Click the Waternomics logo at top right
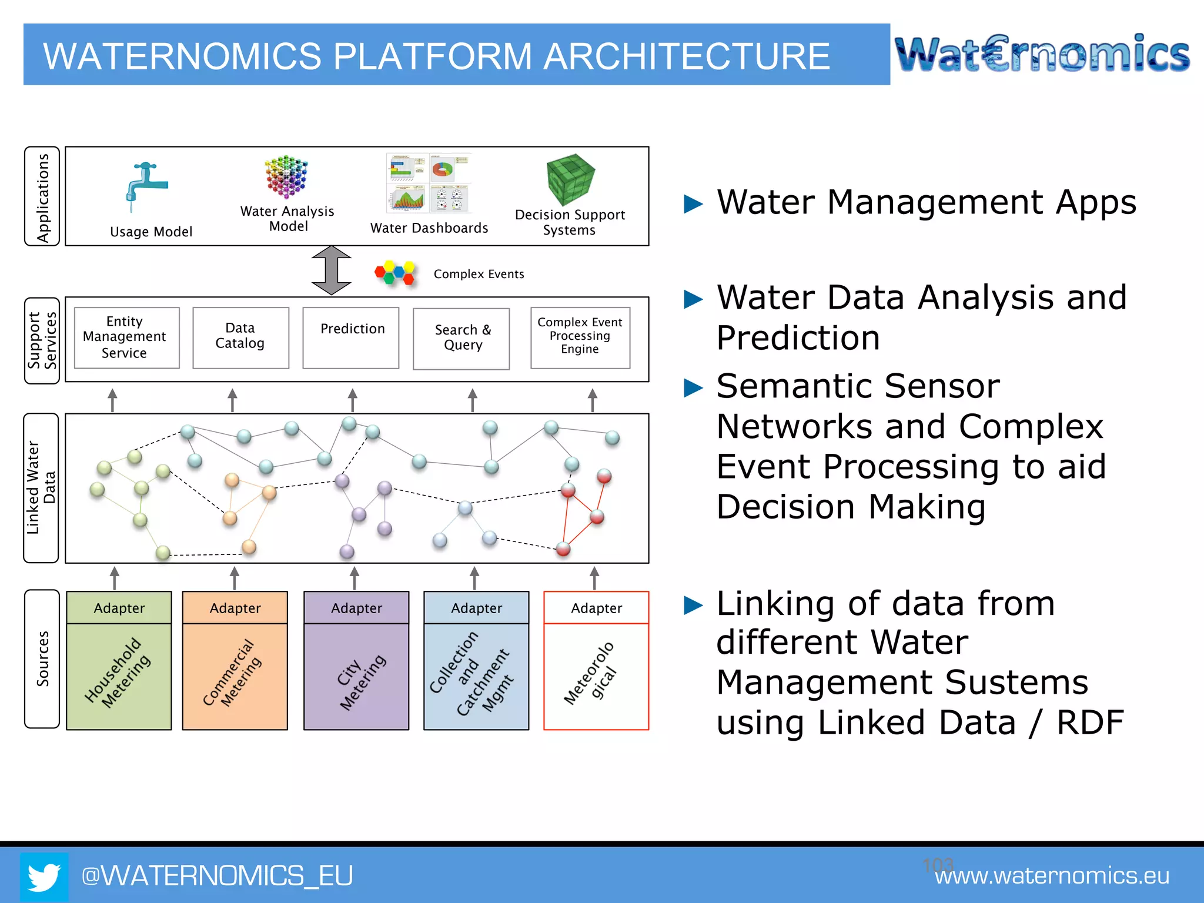(1042, 54)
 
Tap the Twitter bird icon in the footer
(44, 876)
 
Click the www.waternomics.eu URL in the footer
(1052, 876)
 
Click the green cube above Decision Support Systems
(570, 179)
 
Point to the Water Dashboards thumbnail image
(429, 183)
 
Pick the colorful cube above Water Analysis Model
(286, 177)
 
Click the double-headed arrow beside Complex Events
(332, 270)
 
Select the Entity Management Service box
(126, 337)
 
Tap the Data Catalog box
(240, 337)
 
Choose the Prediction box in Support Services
(351, 337)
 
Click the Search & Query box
(461, 339)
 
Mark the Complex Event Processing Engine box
(580, 337)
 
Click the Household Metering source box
(119, 675)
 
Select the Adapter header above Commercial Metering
(235, 608)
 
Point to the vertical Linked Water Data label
(41, 488)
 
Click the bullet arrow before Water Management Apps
(694, 204)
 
